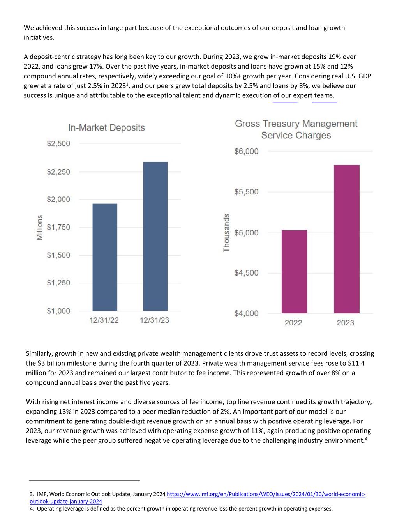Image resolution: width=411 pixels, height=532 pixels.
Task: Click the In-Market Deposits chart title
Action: point(106,128)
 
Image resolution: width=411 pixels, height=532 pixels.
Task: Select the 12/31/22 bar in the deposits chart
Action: point(104,257)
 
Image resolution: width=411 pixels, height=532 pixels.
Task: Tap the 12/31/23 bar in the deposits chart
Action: point(155,236)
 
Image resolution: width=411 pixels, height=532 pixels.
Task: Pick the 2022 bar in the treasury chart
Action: point(294,272)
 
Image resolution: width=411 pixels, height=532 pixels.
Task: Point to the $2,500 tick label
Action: point(59,144)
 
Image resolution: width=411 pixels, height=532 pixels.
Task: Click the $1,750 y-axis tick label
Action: point(59,228)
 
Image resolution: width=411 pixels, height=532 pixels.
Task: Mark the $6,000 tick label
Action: point(246,151)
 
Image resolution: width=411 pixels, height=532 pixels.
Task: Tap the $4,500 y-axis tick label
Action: point(246,273)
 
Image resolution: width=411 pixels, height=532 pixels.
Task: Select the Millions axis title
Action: point(39,228)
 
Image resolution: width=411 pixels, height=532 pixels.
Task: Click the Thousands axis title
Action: point(226,233)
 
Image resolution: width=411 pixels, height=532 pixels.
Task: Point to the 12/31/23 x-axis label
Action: point(154,320)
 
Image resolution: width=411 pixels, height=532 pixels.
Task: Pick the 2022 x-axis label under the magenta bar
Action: point(293,323)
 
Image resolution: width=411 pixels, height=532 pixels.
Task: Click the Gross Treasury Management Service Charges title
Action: point(296,129)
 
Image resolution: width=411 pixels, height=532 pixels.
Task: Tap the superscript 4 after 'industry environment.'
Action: point(367,438)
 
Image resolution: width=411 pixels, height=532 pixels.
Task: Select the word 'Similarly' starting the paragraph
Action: point(39,354)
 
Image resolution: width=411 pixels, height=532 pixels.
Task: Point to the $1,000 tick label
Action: point(59,311)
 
